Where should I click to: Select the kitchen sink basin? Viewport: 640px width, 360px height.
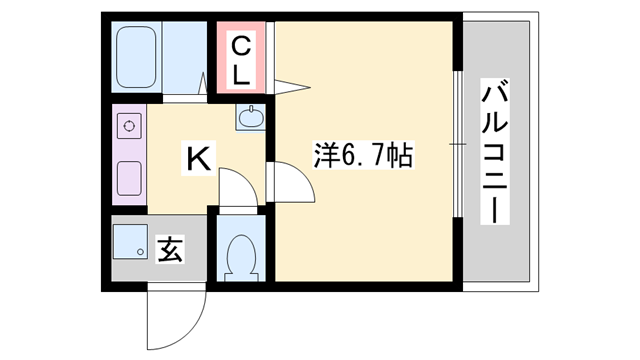click(250, 117)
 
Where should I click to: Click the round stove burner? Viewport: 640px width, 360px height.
click(128, 128)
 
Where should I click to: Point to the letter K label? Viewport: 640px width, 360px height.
click(198, 157)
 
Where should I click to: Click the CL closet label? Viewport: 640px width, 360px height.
click(243, 59)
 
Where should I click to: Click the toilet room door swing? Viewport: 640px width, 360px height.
click(236, 190)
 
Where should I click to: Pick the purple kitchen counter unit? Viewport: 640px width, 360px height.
click(128, 155)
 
